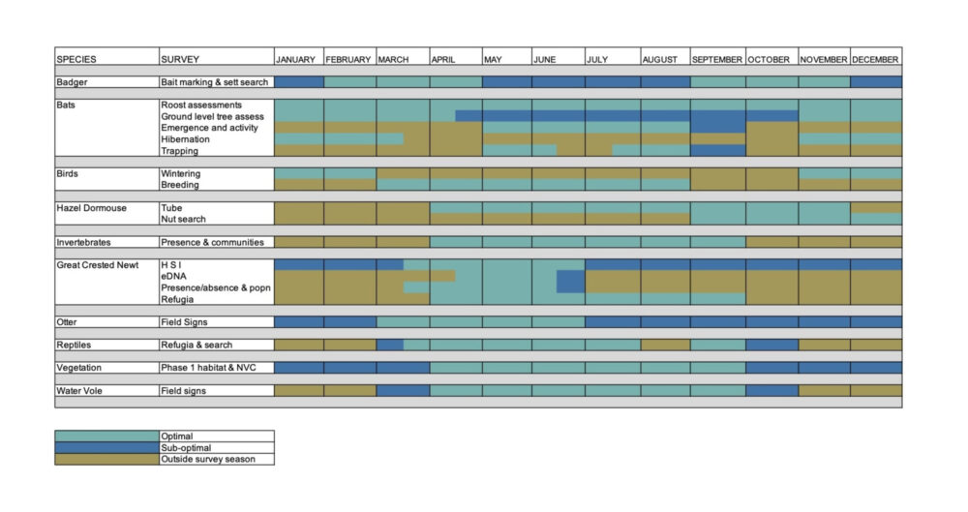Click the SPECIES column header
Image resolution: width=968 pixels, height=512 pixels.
click(76, 60)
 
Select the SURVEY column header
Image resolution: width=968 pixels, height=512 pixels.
click(180, 60)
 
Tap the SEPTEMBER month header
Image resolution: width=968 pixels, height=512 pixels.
click(717, 60)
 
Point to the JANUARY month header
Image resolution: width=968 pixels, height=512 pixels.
click(296, 60)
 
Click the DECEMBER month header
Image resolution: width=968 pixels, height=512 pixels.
click(876, 60)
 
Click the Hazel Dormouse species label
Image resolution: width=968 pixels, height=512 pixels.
click(91, 208)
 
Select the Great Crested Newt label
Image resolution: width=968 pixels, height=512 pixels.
click(97, 265)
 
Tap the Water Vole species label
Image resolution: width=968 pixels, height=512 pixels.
click(79, 391)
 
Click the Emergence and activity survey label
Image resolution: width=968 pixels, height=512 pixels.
click(209, 128)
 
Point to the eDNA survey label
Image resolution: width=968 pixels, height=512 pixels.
click(173, 277)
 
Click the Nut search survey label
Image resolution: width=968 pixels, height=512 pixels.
click(183, 220)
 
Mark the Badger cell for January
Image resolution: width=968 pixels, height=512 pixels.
click(298, 82)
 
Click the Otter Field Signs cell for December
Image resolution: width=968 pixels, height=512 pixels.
click(876, 322)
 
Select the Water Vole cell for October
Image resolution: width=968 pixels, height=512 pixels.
click(771, 391)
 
